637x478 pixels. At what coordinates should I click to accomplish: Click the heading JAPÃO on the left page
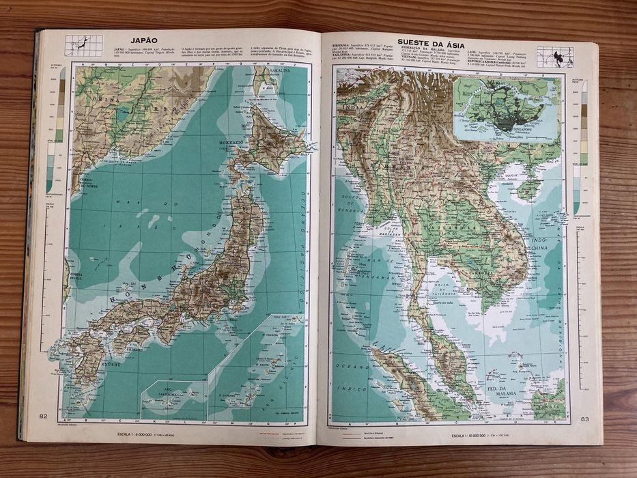pos(143,40)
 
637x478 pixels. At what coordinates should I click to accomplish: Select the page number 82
pos(44,417)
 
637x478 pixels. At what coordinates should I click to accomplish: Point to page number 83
pos(584,419)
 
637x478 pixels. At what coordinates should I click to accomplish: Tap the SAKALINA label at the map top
pos(279,70)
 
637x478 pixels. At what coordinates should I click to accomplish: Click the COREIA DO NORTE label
pos(80,182)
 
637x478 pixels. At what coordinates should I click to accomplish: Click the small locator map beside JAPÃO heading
pos(83,46)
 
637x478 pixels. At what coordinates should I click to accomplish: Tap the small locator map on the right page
pos(554,57)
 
